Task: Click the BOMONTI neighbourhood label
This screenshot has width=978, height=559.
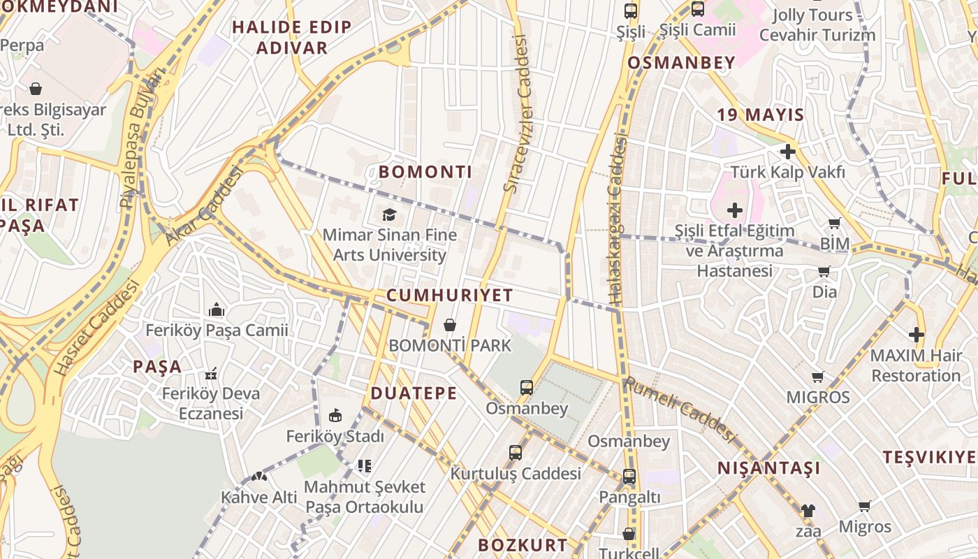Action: point(425,172)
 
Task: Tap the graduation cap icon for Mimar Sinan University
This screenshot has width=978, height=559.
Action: point(388,215)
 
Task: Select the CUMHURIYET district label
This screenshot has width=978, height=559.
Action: point(450,296)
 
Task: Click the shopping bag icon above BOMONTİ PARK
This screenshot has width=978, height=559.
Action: point(450,325)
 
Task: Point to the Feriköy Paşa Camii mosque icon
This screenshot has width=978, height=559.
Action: point(217,310)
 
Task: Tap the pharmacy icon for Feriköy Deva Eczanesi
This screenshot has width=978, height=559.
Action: point(211,374)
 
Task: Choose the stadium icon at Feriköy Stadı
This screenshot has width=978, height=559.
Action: point(335,416)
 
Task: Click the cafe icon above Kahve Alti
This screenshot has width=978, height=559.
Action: point(259,477)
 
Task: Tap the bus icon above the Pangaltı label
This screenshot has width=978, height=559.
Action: point(629,477)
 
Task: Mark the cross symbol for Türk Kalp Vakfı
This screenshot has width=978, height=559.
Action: point(788,151)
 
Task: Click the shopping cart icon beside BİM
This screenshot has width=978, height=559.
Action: point(834,224)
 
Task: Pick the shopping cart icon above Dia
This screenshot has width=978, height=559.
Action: point(824,271)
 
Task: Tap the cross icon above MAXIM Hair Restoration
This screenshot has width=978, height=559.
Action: point(917,335)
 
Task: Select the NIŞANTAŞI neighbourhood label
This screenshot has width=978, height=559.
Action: point(769,468)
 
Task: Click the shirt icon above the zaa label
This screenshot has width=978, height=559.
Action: point(808,511)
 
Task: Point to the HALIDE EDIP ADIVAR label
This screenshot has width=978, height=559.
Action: point(292,38)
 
